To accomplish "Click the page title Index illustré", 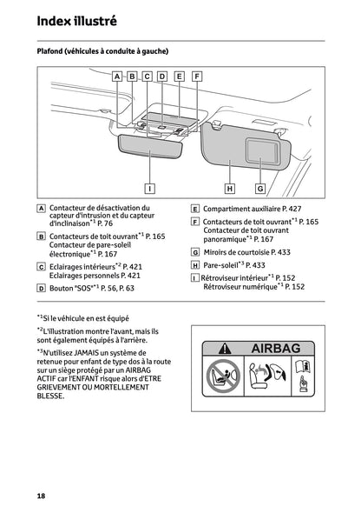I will point(77,19).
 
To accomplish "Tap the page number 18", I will point(41,495).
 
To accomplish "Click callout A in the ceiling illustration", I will point(117,77).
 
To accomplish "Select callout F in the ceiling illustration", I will point(196,77).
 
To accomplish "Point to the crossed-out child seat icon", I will point(220,380).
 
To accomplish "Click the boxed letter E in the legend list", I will point(194,209).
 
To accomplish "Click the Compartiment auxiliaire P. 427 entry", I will point(252,209).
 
